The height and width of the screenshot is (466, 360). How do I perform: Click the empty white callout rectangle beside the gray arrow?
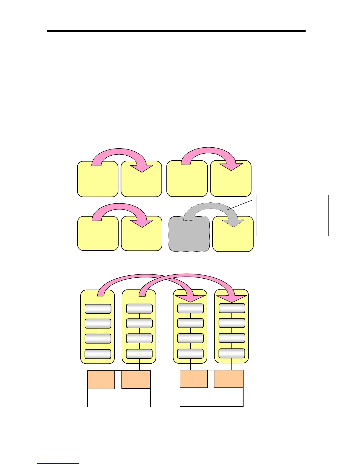point(292,215)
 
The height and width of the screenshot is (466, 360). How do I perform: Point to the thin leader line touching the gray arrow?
point(240,205)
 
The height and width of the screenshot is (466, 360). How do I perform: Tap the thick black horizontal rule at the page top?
point(176,31)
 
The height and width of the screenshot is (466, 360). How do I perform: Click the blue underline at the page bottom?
point(58,463)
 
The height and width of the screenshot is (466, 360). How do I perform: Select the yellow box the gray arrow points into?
point(233,238)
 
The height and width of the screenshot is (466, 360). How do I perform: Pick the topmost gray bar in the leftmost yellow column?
point(98,309)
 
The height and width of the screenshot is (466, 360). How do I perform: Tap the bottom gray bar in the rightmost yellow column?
point(232,353)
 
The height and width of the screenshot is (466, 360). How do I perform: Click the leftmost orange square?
point(101,380)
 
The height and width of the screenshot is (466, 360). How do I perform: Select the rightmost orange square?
point(229,379)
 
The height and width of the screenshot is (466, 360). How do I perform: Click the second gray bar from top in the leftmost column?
point(98,324)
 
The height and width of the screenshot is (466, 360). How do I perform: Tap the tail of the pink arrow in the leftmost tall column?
point(101,293)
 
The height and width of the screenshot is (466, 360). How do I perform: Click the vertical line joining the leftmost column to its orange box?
point(98,367)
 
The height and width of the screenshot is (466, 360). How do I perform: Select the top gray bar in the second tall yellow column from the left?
point(139,309)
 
